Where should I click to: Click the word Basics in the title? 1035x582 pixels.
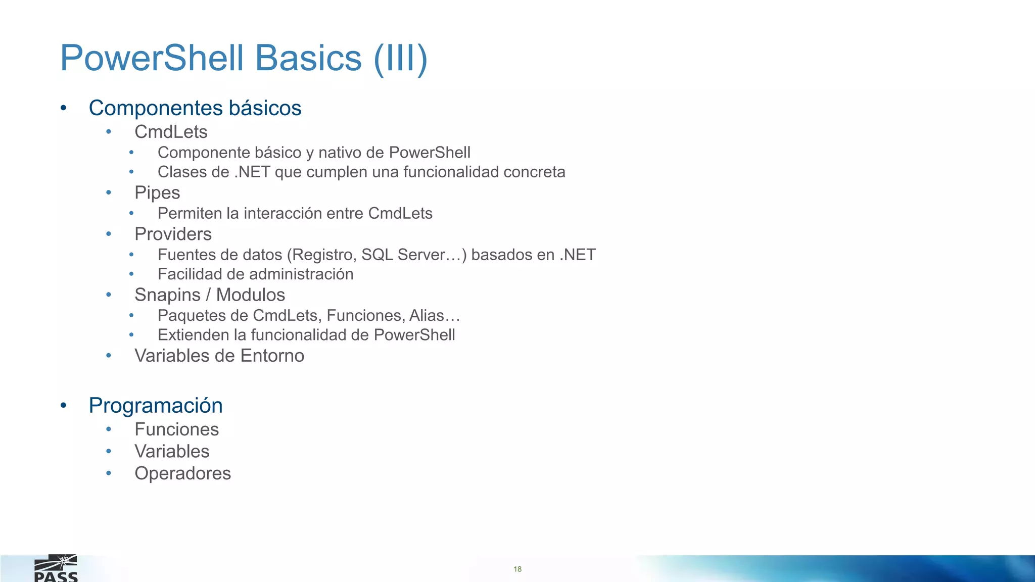pyautogui.click(x=308, y=58)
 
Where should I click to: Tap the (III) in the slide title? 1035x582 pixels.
pyautogui.click(x=401, y=58)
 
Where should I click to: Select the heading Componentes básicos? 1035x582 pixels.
pyautogui.click(x=195, y=108)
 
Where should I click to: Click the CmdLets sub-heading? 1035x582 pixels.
pyautogui.click(x=171, y=132)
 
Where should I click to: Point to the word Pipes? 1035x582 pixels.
pyautogui.click(x=157, y=193)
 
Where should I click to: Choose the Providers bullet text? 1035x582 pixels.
pyautogui.click(x=173, y=234)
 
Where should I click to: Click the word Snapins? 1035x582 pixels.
pyautogui.click(x=167, y=295)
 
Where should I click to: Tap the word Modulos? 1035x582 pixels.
pyautogui.click(x=251, y=295)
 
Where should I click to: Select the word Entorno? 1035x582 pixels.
pyautogui.click(x=272, y=356)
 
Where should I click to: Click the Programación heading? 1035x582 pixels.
pyautogui.click(x=156, y=406)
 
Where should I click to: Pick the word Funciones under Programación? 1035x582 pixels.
pyautogui.click(x=176, y=429)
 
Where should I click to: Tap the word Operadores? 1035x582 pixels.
pyautogui.click(x=182, y=473)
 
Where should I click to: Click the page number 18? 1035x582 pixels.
pyautogui.click(x=517, y=569)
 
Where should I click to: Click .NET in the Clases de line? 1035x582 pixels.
pyautogui.click(x=252, y=172)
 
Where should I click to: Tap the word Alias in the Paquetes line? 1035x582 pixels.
pyautogui.click(x=427, y=316)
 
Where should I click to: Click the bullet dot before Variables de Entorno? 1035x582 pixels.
pyautogui.click(x=109, y=356)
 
